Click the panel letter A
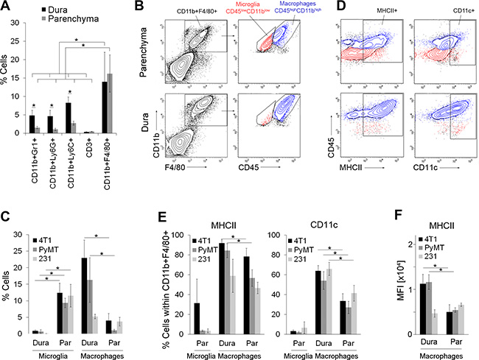(7, 7)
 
